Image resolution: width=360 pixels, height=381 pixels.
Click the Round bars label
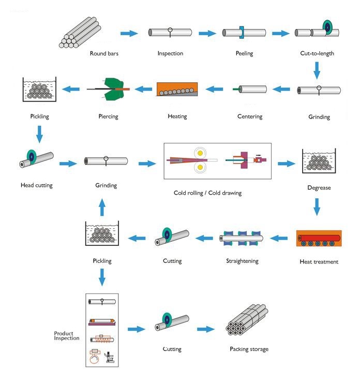104,53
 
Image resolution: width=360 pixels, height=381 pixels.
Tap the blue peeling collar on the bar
242,32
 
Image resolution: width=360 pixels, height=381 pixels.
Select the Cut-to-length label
317,53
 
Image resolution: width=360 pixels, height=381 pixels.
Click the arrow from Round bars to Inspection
129,33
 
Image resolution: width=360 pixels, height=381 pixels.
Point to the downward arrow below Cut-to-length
317,70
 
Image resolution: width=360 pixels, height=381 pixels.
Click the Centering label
250,116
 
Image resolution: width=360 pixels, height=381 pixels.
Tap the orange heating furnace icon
177,89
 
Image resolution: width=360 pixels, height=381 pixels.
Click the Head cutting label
37,185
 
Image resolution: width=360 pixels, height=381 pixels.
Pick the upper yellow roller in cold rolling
200,153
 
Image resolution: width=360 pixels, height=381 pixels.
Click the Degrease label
319,188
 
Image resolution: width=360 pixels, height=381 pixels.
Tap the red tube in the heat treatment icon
319,238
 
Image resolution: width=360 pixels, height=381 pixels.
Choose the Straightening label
242,261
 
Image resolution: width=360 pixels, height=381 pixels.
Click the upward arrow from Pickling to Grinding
102,207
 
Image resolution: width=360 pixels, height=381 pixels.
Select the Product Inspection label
67,336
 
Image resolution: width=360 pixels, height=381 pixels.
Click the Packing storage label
249,349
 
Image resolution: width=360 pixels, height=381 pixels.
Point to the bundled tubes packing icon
247,320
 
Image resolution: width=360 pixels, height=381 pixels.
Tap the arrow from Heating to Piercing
143,89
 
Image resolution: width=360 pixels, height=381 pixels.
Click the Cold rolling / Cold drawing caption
207,193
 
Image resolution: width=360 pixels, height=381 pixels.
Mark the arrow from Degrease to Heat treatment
317,207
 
